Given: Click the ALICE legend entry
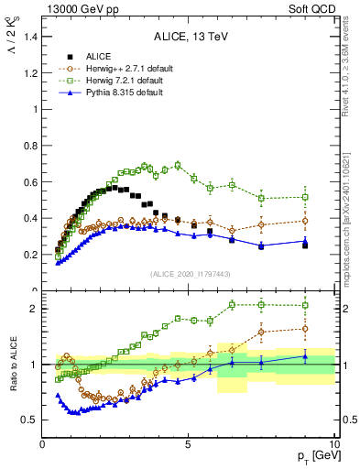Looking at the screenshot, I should coord(98,56).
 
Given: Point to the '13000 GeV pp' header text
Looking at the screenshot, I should coord(76,8).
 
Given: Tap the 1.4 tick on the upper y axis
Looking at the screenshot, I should coord(30,37).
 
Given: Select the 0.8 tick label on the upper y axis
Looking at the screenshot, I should coord(30,146).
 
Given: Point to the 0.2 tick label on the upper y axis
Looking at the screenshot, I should coord(30,255).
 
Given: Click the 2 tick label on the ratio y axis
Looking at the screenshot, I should coord(35,309).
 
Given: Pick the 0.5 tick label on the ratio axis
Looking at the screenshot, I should coord(30,420).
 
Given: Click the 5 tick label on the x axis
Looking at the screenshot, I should coord(188,443).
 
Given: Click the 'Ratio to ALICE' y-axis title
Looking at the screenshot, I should coord(12,364).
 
